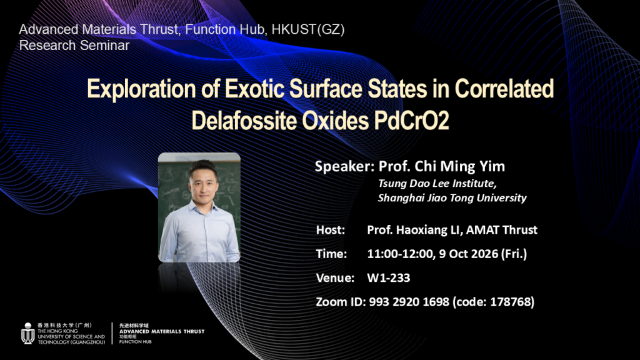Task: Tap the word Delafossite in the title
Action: click(244, 121)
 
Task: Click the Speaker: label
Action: click(344, 166)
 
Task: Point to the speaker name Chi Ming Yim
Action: click(460, 166)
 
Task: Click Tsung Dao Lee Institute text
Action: click(437, 184)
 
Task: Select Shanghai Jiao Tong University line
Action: click(452, 198)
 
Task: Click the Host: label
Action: click(331, 230)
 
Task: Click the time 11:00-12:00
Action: click(400, 254)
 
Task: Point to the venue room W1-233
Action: click(389, 278)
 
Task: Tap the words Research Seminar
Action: click(74, 45)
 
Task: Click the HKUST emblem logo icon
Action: click(27, 334)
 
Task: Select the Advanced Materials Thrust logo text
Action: click(162, 331)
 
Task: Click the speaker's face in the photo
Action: click(203, 183)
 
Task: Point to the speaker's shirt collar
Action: click(203, 207)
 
